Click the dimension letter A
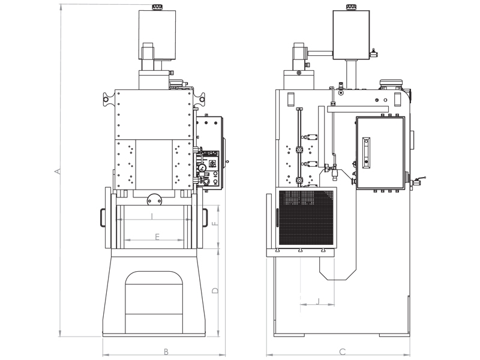point(58,172)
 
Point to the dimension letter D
point(215,290)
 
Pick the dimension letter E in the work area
point(157,237)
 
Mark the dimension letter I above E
point(152,216)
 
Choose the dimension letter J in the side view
point(317,301)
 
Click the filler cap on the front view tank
point(158,7)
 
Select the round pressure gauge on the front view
point(203,168)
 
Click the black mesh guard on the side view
point(306,218)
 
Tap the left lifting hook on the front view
point(108,95)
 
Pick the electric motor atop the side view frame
point(392,84)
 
